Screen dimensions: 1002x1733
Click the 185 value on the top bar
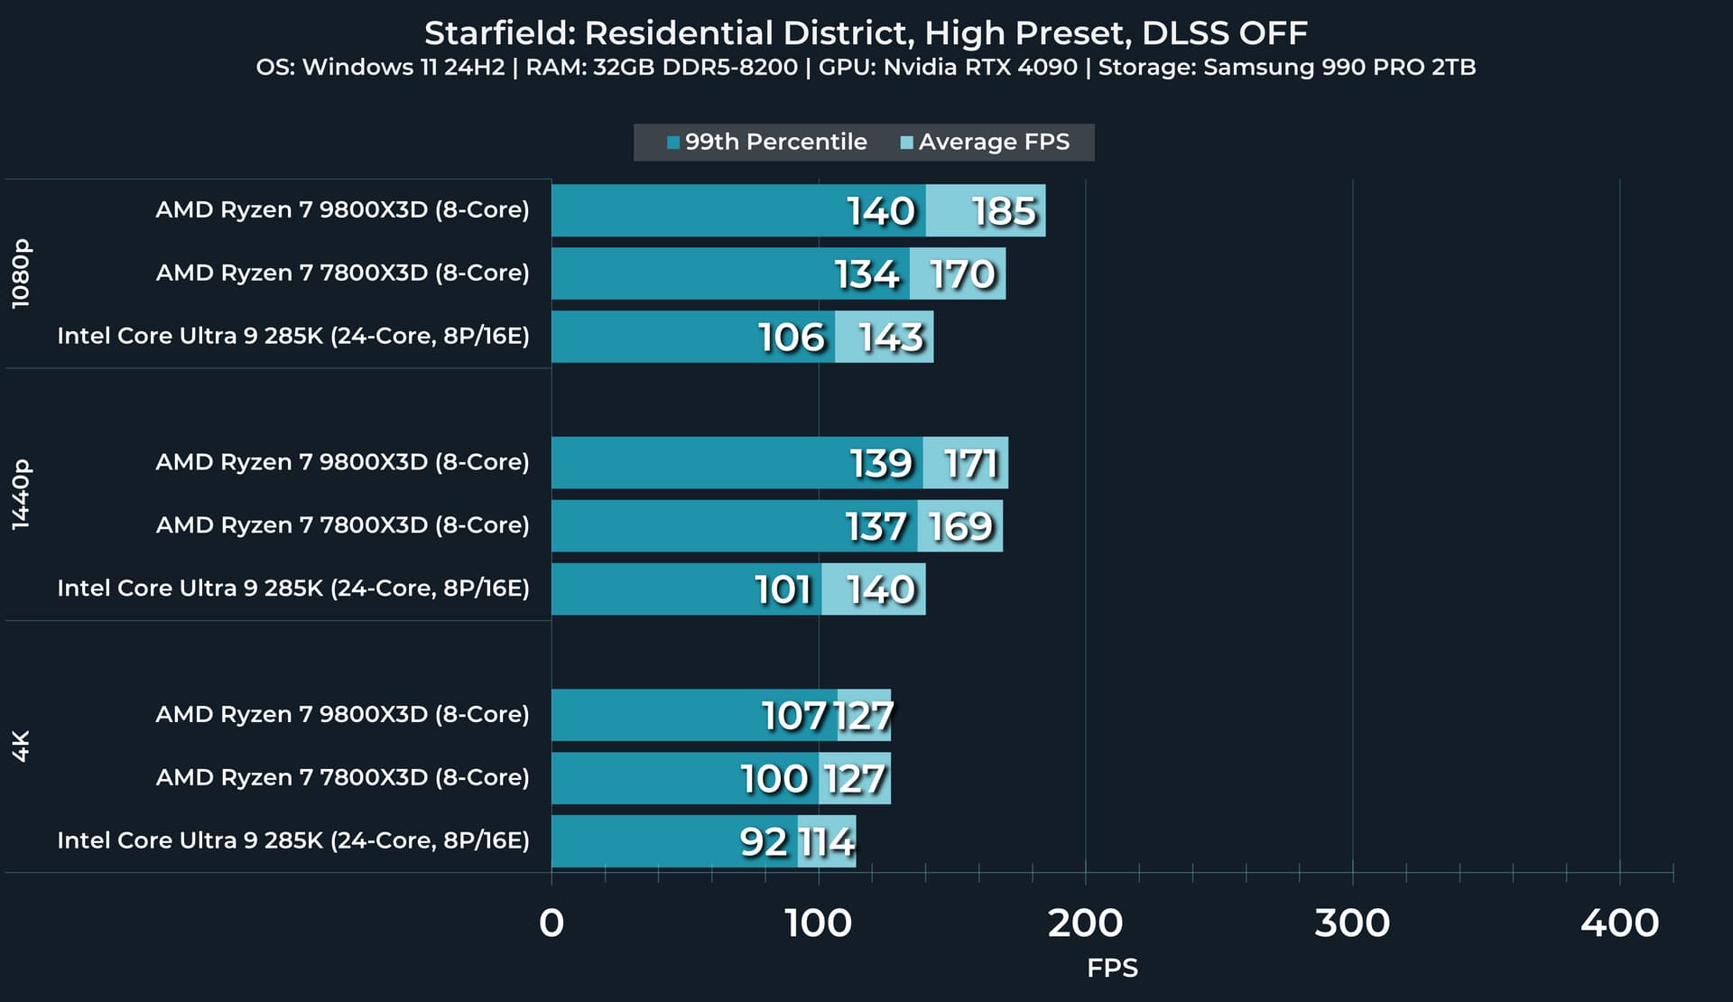coord(1004,211)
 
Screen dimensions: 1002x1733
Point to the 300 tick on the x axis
coord(1351,923)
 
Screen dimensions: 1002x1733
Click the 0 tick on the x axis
coord(551,923)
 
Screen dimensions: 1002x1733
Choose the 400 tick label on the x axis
coord(1619,923)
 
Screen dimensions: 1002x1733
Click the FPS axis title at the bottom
coord(1112,969)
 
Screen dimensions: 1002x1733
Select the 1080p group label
coord(21,274)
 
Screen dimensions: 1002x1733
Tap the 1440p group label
coord(21,494)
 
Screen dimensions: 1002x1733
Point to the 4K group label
coord(21,746)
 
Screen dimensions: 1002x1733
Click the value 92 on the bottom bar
coord(764,842)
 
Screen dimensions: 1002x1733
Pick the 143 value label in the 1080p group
coord(891,338)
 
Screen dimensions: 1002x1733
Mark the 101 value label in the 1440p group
coord(783,590)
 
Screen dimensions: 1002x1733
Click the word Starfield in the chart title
coord(497,33)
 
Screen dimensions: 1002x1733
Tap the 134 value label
coord(866,274)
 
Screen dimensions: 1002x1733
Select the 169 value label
coord(960,527)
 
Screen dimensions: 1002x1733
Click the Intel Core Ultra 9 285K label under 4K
coord(293,840)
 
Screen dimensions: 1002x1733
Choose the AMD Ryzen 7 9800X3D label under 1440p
coord(342,462)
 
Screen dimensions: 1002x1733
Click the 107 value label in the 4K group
coord(794,717)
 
